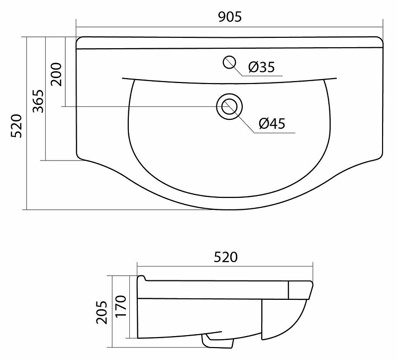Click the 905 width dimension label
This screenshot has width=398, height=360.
pos(229,17)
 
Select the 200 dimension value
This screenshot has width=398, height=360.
pos(56,74)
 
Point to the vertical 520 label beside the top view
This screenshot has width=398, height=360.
pos(16,126)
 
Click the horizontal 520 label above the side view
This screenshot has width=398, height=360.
pos(225,257)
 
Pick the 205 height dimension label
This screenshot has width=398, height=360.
pos(101,312)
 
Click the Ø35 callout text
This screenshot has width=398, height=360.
pos(261,67)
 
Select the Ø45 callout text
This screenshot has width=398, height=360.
pos(272,123)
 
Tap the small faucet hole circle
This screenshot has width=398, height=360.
pos(230,62)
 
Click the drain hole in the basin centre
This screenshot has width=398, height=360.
pos(229,106)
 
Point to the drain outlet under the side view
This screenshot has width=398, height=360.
pos(218,342)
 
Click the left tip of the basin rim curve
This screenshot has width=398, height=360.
pos(122,78)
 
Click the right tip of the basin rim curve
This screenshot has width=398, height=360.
pos(337,78)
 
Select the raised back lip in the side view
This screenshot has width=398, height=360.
pos(141,278)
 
